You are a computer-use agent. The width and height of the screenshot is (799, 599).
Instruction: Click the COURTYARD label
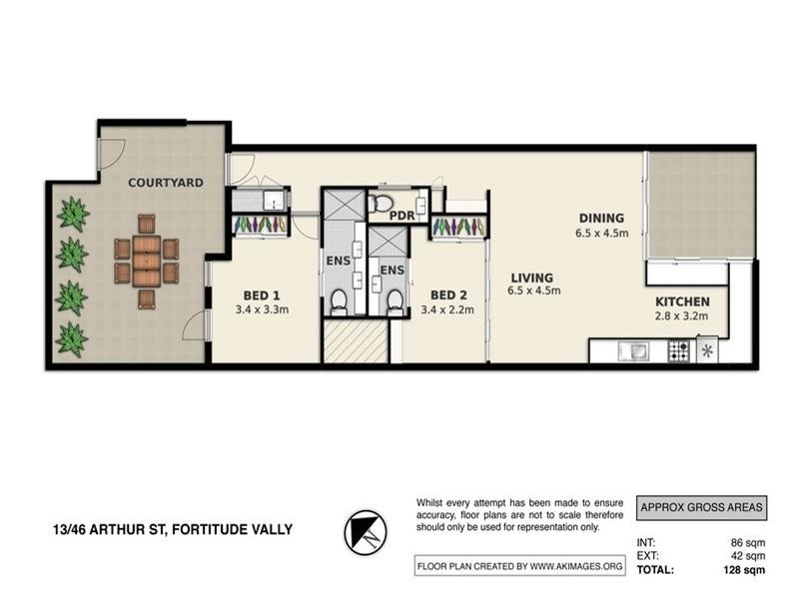166,183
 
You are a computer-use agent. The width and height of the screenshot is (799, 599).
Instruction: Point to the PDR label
402,216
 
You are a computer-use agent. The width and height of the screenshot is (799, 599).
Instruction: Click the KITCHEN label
682,301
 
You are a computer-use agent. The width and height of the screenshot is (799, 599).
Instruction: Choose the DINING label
599,218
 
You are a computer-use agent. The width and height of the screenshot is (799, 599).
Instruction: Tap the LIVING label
533,278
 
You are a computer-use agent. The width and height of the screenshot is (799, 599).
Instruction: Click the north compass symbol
366,531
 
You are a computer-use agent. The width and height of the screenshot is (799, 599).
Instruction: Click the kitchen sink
633,350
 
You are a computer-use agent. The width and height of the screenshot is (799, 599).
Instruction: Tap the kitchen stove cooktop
678,350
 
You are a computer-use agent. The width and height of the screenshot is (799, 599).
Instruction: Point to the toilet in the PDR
380,206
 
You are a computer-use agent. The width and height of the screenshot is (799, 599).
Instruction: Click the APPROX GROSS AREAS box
702,507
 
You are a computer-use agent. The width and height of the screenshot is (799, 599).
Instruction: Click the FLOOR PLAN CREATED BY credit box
519,567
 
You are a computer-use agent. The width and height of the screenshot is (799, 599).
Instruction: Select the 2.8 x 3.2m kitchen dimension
682,317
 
